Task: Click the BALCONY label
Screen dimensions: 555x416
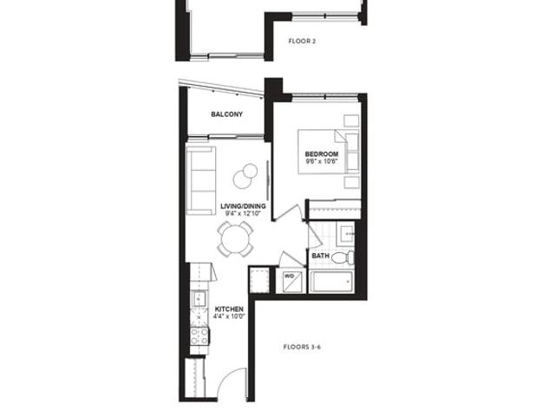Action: click(227, 114)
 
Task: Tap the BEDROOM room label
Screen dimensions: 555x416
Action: click(322, 154)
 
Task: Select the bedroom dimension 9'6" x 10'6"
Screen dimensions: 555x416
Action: click(322, 161)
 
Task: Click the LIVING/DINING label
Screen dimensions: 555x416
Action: click(243, 206)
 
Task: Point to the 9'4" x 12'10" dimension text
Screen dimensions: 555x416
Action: click(243, 213)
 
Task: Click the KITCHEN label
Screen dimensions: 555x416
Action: click(229, 309)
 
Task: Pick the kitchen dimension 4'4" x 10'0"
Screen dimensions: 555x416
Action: click(229, 316)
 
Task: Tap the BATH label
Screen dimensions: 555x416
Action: click(321, 256)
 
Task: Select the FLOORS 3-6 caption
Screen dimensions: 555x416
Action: click(302, 347)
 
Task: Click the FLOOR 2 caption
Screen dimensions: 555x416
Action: click(302, 41)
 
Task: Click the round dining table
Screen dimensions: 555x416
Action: click(235, 239)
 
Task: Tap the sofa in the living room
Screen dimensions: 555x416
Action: click(201, 180)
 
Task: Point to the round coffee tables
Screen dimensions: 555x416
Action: click(245, 176)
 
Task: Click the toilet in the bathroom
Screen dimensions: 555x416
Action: click(343, 257)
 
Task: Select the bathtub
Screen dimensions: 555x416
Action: click(331, 282)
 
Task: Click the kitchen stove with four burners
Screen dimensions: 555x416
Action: click(199, 336)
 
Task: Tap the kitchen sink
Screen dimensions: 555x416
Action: click(199, 298)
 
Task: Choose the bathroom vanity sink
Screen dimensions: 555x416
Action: click(344, 233)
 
